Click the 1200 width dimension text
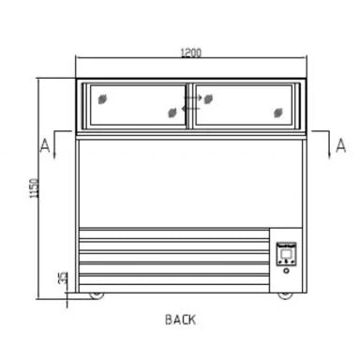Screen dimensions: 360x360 191,52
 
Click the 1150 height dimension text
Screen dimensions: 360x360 34,187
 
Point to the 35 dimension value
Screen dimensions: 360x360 63,277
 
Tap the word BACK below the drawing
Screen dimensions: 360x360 180,320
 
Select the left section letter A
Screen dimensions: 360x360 45,145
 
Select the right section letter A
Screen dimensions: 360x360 340,145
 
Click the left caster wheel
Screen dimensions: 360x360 97,295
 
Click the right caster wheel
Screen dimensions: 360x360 285,295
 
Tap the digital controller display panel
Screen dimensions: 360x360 286,254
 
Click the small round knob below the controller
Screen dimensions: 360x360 286,271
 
